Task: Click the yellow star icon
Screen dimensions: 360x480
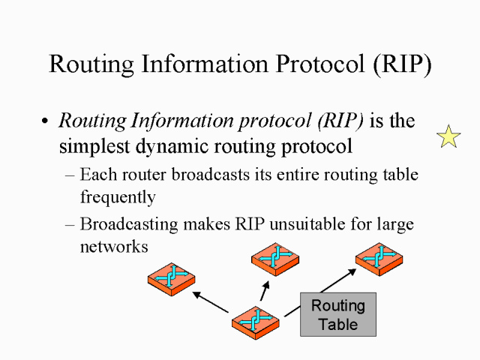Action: [448, 136]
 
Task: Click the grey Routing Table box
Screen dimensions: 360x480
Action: [337, 315]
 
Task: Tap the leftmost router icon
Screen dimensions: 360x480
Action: [172, 279]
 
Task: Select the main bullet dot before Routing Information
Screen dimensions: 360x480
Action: [46, 121]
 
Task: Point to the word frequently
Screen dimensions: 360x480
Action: [117, 197]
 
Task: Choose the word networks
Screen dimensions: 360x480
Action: [113, 245]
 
